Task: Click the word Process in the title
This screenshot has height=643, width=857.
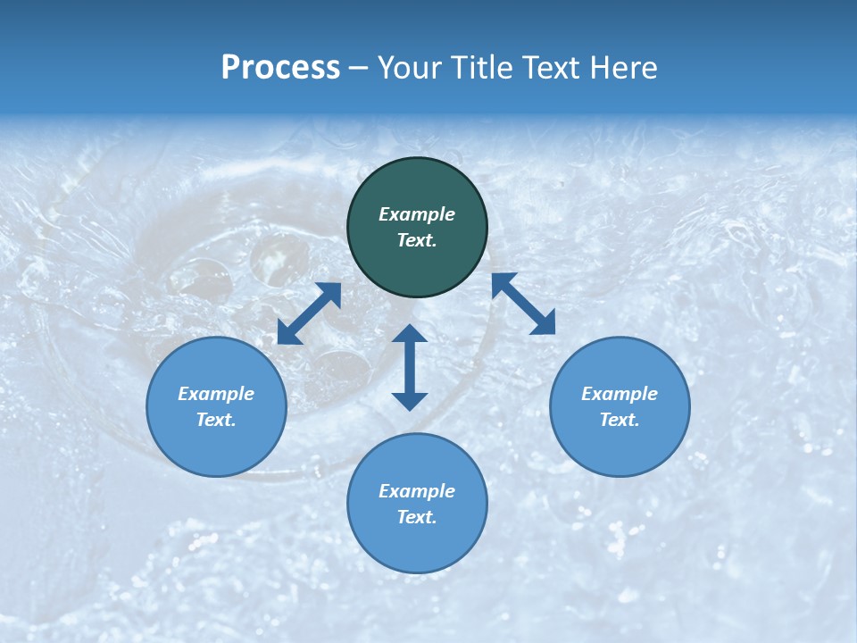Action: point(280,68)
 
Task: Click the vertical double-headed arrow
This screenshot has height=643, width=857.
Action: point(410,367)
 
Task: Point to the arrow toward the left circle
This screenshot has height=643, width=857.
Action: point(309,313)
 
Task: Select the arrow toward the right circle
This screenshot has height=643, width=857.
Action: point(523,304)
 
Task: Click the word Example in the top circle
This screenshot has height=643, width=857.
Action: point(417,214)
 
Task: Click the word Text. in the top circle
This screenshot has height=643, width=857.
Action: point(417,240)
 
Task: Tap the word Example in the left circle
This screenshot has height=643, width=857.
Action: point(216,394)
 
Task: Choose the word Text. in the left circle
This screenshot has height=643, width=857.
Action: point(216,420)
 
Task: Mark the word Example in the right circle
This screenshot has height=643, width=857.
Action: point(620,394)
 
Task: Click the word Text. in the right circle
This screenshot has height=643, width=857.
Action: point(620,420)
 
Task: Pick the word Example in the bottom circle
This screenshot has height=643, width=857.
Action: point(417,491)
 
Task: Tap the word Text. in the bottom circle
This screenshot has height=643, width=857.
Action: point(417,517)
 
